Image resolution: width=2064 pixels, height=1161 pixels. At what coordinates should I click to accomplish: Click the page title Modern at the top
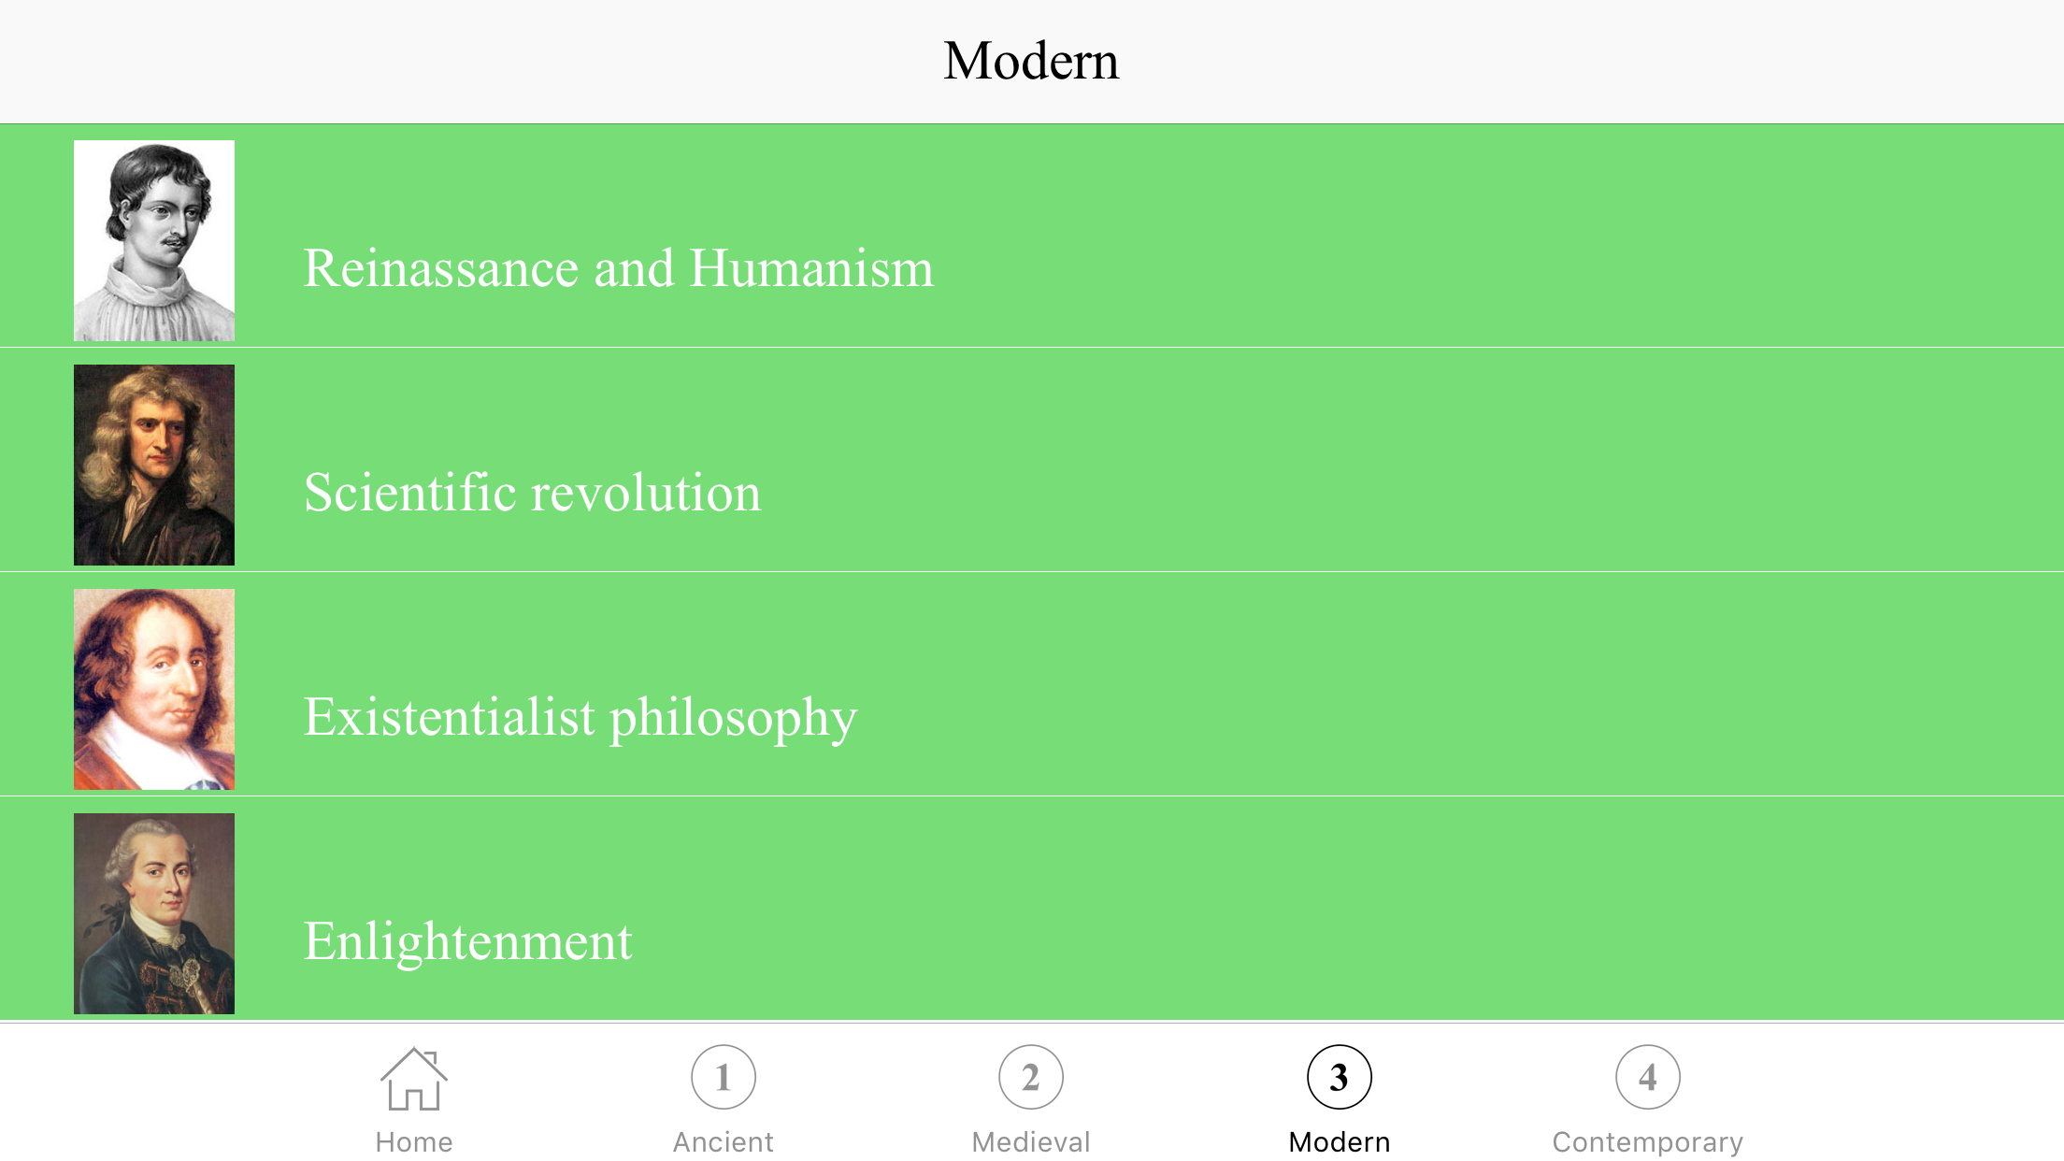pyautogui.click(x=1031, y=61)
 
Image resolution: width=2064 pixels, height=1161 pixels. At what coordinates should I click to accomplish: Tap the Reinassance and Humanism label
pyautogui.click(x=619, y=268)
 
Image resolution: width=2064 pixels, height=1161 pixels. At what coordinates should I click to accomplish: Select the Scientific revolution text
pyautogui.click(x=533, y=493)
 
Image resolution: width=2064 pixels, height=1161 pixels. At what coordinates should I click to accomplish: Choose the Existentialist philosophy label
pyautogui.click(x=580, y=719)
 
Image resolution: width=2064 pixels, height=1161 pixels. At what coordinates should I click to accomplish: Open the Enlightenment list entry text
pyautogui.click(x=468, y=942)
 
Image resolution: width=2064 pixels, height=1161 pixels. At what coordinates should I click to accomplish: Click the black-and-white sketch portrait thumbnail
pyautogui.click(x=154, y=240)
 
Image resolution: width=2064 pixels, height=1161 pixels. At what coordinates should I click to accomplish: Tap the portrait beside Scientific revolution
pyautogui.click(x=154, y=465)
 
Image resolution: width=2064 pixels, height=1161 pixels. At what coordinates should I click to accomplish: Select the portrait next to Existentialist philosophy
pyautogui.click(x=154, y=689)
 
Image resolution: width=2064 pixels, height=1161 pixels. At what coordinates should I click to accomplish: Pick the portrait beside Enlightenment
pyautogui.click(x=154, y=913)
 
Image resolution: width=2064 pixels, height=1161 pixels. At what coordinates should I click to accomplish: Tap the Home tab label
pyautogui.click(x=414, y=1142)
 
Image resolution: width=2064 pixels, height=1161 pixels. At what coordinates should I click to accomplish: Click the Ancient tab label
pyautogui.click(x=724, y=1142)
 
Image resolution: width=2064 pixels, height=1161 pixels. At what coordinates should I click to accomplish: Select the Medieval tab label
pyautogui.click(x=1031, y=1142)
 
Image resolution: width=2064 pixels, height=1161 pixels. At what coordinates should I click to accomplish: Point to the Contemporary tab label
pyautogui.click(x=1648, y=1143)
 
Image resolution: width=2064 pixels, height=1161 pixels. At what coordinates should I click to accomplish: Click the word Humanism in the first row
pyautogui.click(x=811, y=268)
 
